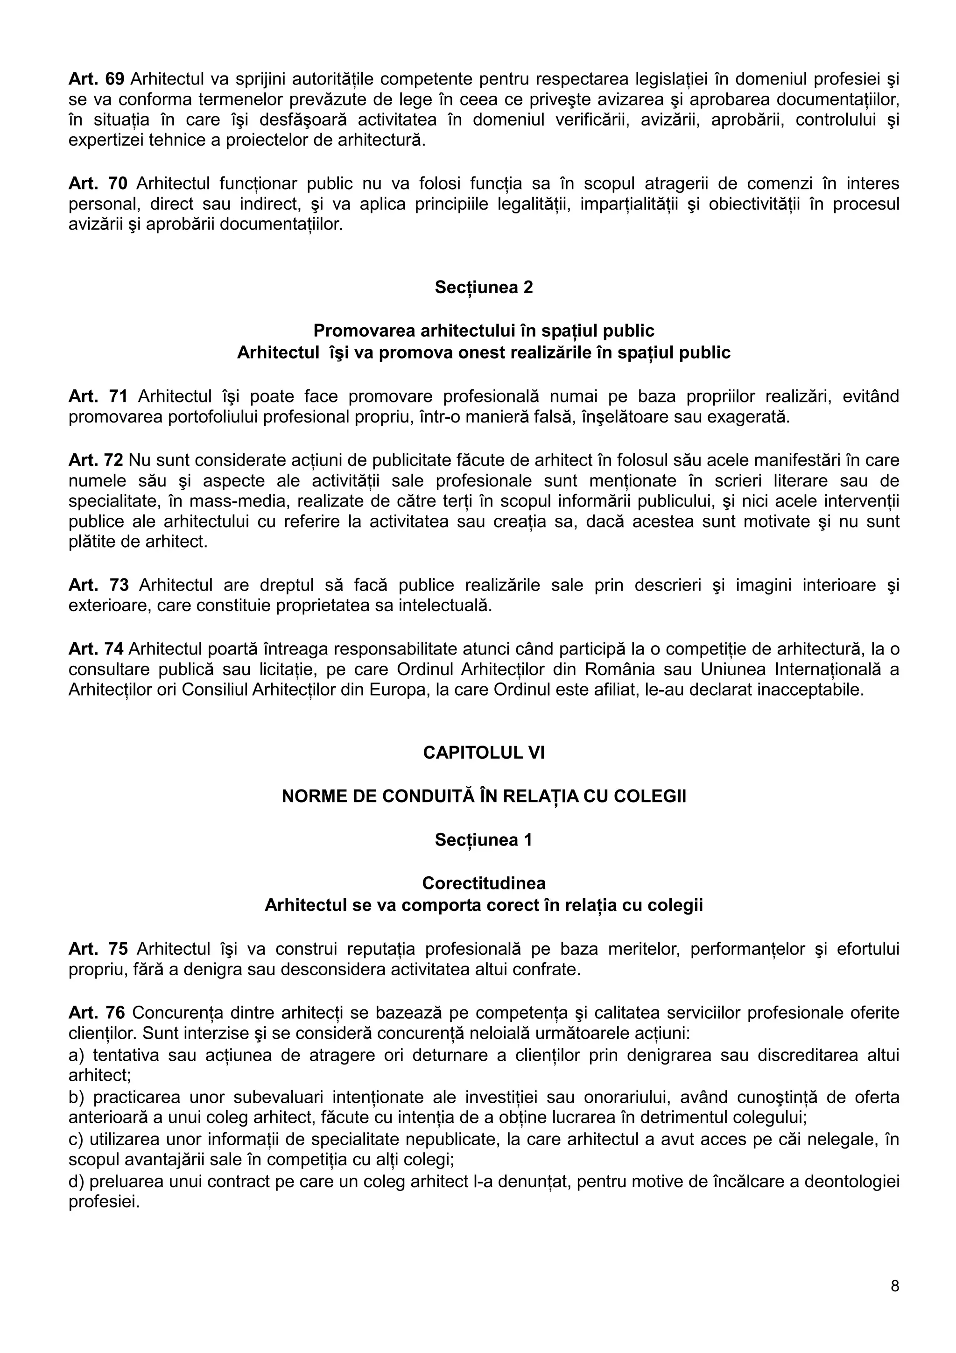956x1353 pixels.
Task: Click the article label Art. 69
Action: tap(96, 78)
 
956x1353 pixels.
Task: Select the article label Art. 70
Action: tap(97, 183)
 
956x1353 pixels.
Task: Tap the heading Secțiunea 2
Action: tap(484, 287)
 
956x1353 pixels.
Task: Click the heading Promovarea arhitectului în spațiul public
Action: tap(484, 330)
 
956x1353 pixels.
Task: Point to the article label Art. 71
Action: tap(98, 396)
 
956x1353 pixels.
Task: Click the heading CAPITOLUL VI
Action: tap(484, 753)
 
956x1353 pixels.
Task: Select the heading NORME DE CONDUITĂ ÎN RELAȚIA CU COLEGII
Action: tap(484, 796)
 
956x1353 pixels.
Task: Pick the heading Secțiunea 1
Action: tap(484, 840)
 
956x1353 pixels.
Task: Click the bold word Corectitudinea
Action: tap(484, 883)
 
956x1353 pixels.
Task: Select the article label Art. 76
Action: tap(97, 1013)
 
